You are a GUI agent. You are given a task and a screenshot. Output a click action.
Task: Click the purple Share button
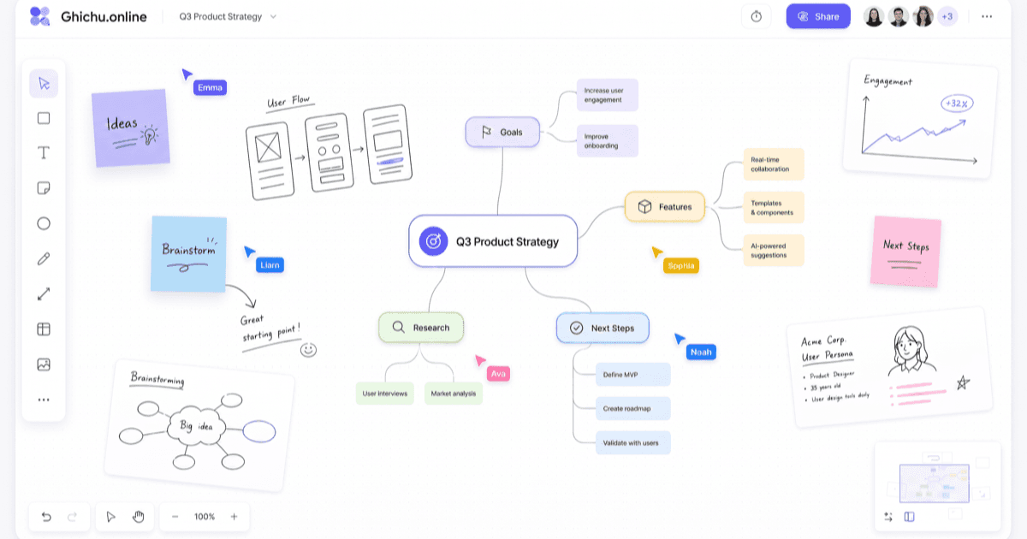(x=818, y=16)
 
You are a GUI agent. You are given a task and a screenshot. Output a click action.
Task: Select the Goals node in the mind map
(x=502, y=132)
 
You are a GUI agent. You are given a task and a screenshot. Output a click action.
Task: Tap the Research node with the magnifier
(x=421, y=327)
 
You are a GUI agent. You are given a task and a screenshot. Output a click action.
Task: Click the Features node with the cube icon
(x=665, y=207)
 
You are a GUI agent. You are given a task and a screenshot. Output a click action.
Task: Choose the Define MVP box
(x=632, y=375)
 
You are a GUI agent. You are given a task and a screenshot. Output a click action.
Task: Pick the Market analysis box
(x=453, y=394)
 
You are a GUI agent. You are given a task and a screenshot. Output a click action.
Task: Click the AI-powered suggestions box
(x=774, y=251)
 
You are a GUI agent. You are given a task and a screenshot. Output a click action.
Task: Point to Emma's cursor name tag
(x=210, y=87)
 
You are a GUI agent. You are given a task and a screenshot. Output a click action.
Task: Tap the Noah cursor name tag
(x=701, y=352)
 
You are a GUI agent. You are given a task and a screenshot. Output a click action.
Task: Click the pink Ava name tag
(x=498, y=374)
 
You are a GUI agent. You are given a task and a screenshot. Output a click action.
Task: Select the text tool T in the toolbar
(x=44, y=152)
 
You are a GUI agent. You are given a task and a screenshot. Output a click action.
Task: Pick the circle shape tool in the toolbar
(x=44, y=223)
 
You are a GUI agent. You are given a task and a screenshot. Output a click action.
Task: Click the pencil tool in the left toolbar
(x=44, y=259)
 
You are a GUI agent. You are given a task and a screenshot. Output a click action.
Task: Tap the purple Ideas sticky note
(x=131, y=127)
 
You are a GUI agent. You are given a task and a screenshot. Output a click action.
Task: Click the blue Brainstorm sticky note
(x=188, y=254)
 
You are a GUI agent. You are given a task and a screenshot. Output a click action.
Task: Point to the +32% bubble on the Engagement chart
(x=957, y=104)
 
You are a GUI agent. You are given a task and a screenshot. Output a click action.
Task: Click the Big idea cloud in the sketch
(x=197, y=426)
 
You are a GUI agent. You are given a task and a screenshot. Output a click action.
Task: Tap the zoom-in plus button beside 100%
(x=234, y=517)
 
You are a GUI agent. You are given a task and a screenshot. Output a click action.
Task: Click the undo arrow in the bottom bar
(x=46, y=517)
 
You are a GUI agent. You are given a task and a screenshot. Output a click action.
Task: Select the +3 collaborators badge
(x=947, y=17)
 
